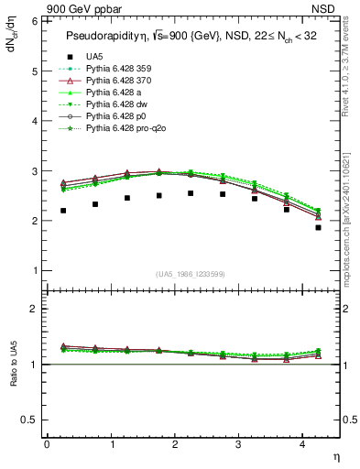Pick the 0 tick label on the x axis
point(47,444)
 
